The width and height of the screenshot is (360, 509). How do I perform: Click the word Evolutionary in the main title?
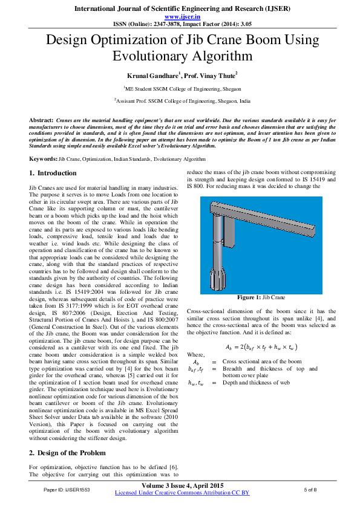pyautogui.click(x=148, y=57)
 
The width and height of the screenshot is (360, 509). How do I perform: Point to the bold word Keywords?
pyautogui.click(x=44, y=158)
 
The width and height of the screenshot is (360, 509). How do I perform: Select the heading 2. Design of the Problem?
pyautogui.click(x=68, y=453)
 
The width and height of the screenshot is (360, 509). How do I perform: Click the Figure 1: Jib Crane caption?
pyautogui.click(x=261, y=298)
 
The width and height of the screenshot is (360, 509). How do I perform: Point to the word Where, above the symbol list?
pyautogui.click(x=196, y=354)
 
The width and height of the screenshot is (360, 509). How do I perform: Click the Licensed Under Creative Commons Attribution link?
pyautogui.click(x=182, y=493)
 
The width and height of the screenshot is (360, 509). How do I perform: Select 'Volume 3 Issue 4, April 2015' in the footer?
pyautogui.click(x=182, y=485)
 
